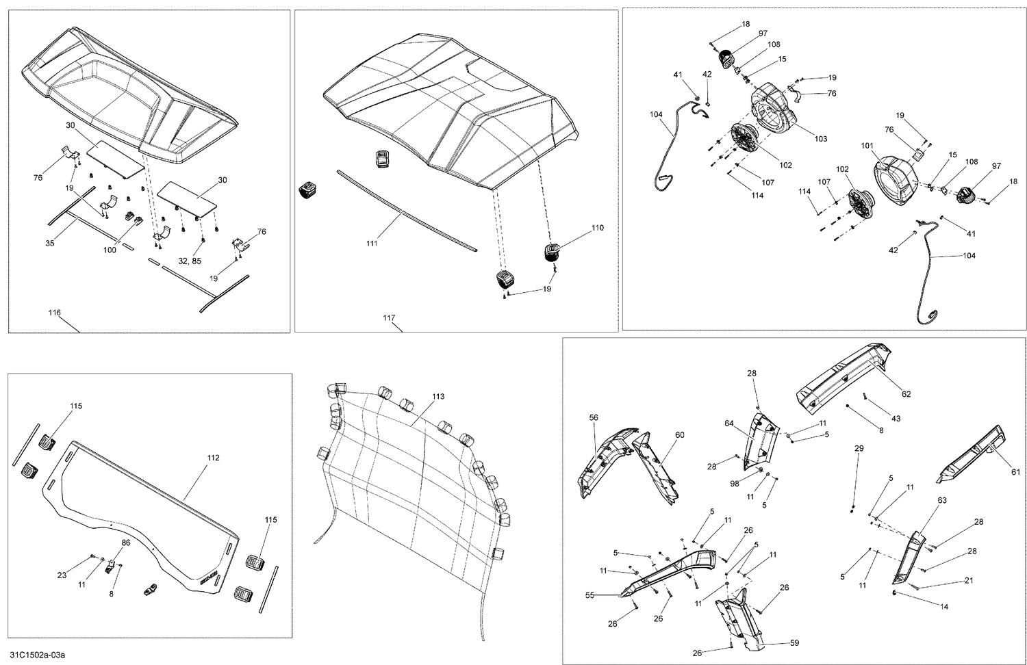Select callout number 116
54,313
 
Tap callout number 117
389,317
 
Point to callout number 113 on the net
438,397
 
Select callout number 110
597,228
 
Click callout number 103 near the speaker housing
820,139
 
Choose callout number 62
906,394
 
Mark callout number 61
1015,472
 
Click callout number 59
793,643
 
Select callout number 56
594,417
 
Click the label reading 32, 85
190,261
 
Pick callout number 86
125,542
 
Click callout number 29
859,448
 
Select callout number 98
735,483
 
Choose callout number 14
944,606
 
